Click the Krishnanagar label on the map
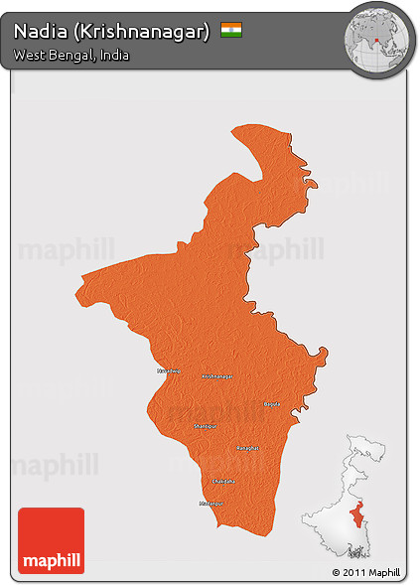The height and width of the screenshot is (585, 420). click(217, 376)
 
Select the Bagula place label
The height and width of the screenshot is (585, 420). click(272, 404)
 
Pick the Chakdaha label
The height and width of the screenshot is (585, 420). click(224, 481)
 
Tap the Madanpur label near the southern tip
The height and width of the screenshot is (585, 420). click(211, 504)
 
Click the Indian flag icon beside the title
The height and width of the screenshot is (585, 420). click(231, 30)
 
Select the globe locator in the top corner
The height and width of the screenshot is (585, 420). click(377, 40)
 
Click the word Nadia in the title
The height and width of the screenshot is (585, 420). click(39, 31)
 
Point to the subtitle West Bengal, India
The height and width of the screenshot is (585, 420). click(70, 56)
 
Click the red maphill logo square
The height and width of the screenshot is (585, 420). click(51, 539)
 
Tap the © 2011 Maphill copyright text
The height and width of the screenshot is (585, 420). click(366, 573)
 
